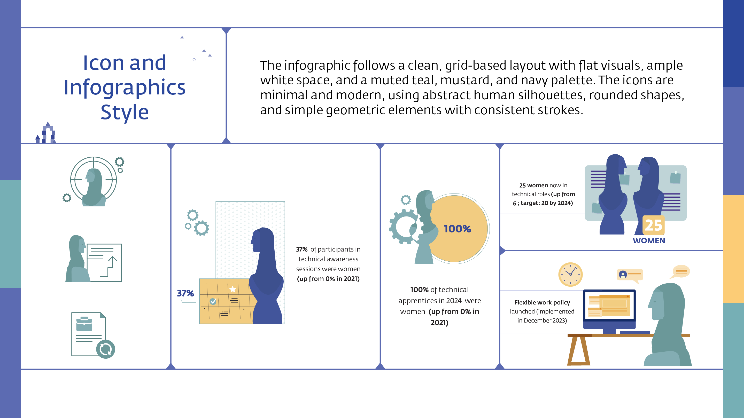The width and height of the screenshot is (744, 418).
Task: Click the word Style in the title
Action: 125,112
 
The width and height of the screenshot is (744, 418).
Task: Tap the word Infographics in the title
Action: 125,87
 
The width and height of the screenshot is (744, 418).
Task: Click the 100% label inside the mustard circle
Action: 457,229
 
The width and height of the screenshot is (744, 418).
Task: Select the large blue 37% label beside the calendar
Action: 185,293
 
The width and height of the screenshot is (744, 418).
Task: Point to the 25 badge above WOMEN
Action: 653,225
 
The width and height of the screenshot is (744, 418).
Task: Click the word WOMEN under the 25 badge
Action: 649,240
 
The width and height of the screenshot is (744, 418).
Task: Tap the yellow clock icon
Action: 570,274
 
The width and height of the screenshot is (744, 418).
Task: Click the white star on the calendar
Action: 233,289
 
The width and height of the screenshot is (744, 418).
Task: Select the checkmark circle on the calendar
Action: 213,301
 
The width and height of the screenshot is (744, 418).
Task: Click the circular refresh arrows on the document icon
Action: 105,349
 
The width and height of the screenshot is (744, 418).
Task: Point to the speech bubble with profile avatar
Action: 630,275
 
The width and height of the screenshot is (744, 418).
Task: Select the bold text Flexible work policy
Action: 542,302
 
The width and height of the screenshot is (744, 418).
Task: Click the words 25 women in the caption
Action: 533,185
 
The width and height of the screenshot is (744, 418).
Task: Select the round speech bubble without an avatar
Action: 681,271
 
